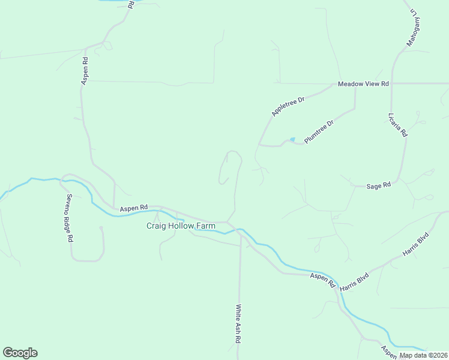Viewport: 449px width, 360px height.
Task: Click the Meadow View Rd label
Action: coord(363,83)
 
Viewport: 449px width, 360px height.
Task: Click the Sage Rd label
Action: coord(378,186)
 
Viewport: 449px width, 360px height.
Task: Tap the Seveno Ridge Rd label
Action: coord(70,217)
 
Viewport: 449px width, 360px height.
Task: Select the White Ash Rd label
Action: coord(238,324)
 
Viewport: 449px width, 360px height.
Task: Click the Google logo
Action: coord(20,353)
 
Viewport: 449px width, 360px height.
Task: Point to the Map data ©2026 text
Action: coord(423,355)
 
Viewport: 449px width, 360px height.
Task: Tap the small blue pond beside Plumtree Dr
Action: coord(292,140)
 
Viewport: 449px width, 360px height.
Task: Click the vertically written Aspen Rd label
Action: coord(85,71)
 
